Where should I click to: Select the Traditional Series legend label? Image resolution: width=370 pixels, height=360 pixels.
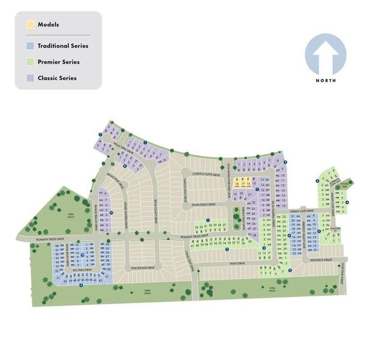(x=63, y=46)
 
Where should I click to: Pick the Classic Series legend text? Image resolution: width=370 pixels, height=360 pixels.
(x=57, y=78)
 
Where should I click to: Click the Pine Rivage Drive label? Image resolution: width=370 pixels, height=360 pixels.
(x=143, y=268)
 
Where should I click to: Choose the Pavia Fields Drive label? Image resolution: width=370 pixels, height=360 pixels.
(x=204, y=205)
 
